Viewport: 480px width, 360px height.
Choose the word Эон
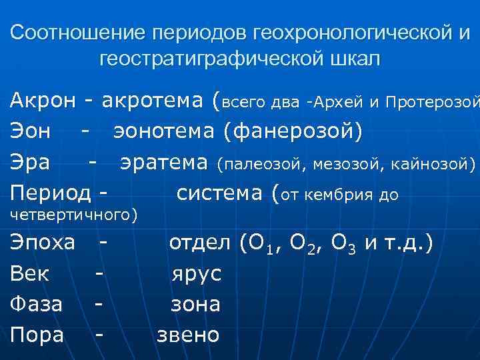point(30,131)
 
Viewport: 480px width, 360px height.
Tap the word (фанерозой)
point(293,131)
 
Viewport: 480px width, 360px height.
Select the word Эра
point(29,162)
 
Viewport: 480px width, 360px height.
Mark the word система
point(220,193)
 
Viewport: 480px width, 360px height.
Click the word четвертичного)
point(74,215)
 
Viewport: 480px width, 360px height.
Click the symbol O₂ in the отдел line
point(296,244)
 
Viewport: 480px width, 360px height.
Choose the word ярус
point(196,273)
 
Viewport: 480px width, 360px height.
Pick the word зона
point(195,304)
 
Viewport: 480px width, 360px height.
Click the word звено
point(188,335)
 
